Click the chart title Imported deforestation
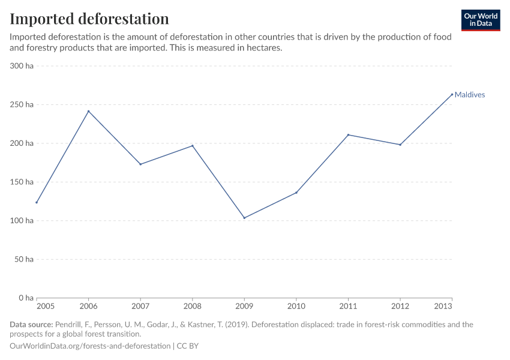pos(89,19)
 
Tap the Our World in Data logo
pos(480,20)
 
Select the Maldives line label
pos(469,95)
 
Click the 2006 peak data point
pos(89,111)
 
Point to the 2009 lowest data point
pos(244,218)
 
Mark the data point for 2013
pos(452,94)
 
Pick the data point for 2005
pos(37,202)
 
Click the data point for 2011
pos(348,135)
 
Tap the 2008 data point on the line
pos(193,146)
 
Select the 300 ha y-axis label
pos(22,66)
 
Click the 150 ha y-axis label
pos(22,182)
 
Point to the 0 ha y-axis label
pos(25,298)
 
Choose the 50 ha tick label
pos(24,259)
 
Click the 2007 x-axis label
pos(140,307)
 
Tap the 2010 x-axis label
pos(296,307)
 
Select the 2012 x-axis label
pos(400,307)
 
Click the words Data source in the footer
pos(31,325)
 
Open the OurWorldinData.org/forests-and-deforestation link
pos(90,346)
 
